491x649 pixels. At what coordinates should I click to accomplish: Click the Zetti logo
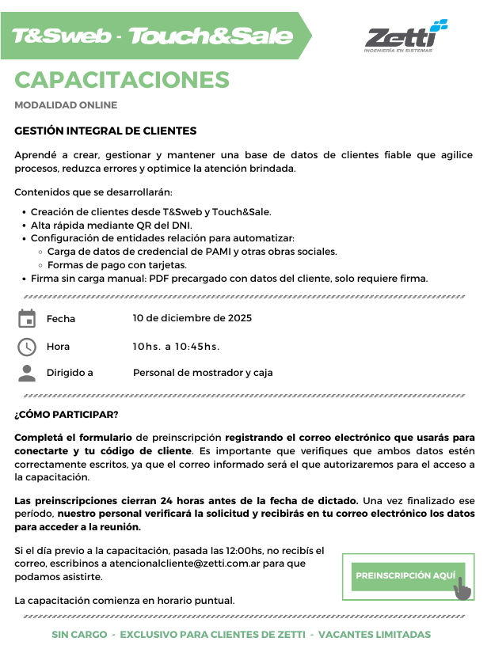(x=405, y=36)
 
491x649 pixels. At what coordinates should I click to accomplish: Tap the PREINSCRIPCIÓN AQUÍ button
(x=405, y=575)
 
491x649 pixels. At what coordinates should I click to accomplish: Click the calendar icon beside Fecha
(x=27, y=319)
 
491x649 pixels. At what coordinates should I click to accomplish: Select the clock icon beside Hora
(x=27, y=347)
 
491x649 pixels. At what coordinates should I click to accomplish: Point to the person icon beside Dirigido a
(x=27, y=373)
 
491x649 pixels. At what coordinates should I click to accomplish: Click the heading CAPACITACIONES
(x=122, y=80)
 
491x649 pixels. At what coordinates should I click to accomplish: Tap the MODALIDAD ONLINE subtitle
(x=66, y=105)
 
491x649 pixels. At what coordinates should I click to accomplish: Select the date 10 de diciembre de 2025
(x=192, y=318)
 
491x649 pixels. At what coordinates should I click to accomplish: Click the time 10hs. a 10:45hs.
(x=176, y=347)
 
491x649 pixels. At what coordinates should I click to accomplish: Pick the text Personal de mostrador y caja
(x=203, y=373)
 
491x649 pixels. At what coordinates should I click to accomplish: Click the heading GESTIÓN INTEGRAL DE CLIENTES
(x=105, y=131)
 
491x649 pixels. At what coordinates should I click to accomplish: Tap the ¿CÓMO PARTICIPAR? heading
(x=67, y=415)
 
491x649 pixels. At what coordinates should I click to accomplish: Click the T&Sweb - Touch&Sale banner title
(x=152, y=36)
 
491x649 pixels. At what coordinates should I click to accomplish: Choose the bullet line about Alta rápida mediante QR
(x=111, y=225)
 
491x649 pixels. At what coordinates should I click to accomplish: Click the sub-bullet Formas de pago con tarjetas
(x=117, y=265)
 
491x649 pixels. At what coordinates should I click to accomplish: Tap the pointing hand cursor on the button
(x=462, y=586)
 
